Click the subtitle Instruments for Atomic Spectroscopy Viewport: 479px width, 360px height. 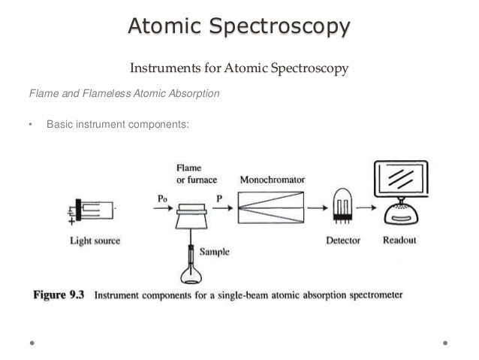coord(239,69)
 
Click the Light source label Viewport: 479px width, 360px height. coord(95,241)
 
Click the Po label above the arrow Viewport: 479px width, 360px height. coord(163,197)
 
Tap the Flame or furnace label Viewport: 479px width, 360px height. coord(192,174)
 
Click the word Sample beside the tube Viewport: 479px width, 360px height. coord(214,253)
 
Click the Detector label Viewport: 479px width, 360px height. coord(343,241)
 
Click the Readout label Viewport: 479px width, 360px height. coord(399,241)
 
